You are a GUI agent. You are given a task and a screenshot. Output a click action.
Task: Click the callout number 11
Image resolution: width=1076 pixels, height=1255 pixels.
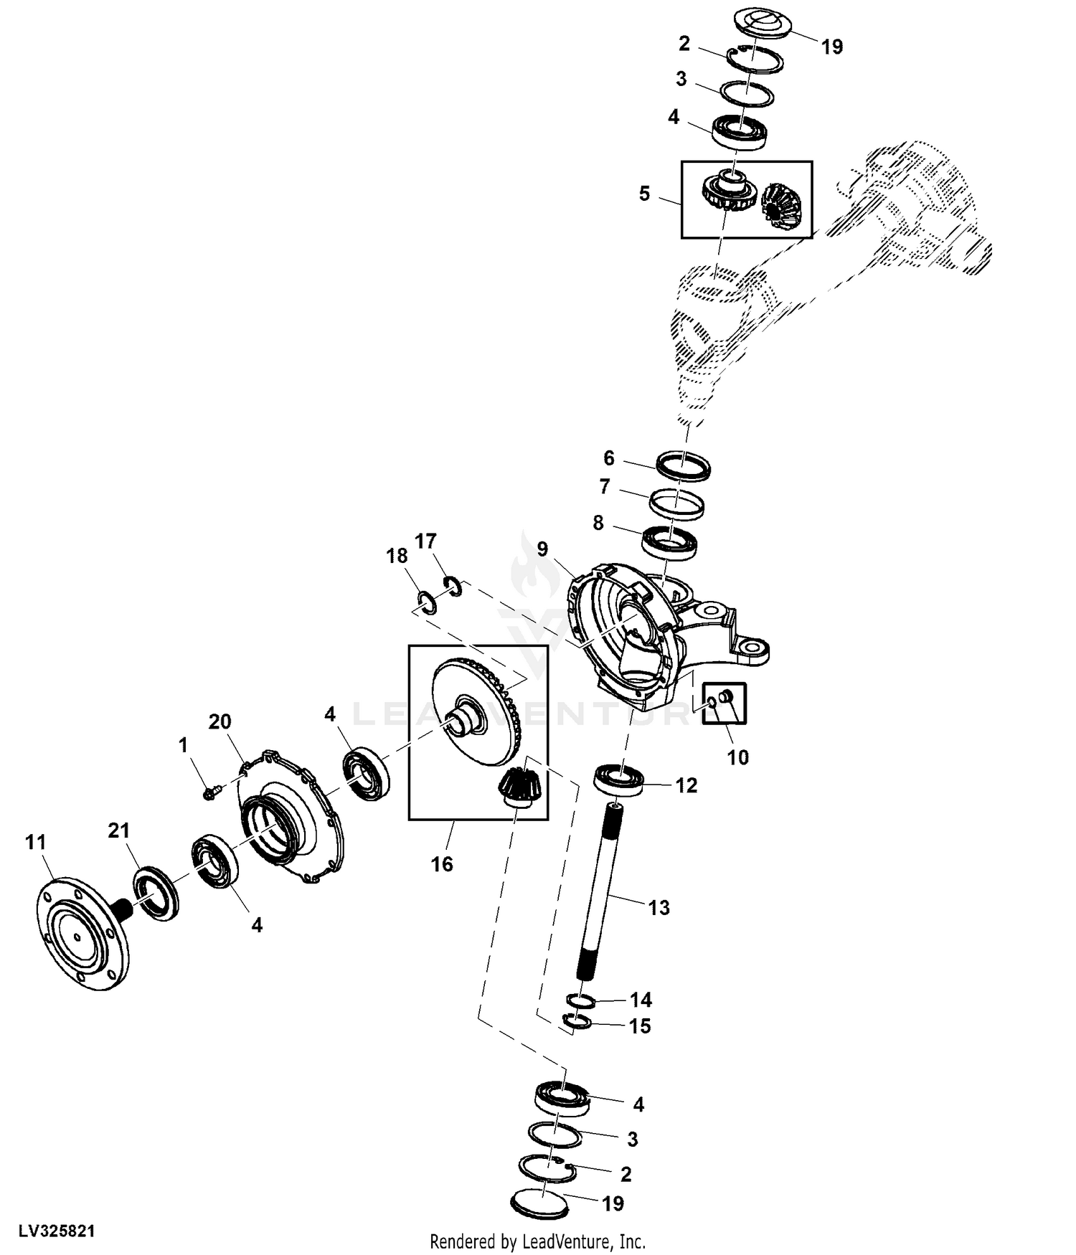tap(36, 842)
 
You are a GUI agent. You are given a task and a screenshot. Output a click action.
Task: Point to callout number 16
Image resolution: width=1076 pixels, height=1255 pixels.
tap(442, 864)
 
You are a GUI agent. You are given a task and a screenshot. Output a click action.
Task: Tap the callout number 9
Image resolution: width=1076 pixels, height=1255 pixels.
tap(542, 549)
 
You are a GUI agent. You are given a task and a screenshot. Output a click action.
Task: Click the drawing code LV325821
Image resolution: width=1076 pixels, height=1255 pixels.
tap(57, 1231)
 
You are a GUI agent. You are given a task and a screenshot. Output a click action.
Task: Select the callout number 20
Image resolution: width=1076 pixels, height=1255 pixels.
tap(220, 721)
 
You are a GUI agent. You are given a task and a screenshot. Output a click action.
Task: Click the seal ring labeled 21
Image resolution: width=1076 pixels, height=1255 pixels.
tap(154, 893)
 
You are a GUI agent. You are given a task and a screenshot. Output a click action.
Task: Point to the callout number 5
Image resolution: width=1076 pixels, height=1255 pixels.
tap(644, 194)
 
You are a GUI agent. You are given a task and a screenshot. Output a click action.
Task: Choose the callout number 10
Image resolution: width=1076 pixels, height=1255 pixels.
tap(738, 757)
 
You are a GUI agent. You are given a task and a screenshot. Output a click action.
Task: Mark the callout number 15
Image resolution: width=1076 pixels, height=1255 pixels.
tap(640, 1026)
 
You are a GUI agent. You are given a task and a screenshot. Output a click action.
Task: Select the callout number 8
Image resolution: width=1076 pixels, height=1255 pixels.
tap(598, 523)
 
